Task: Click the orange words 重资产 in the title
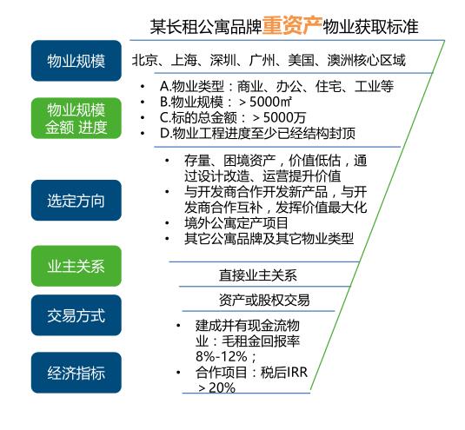click(292, 25)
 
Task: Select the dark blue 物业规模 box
click(76, 61)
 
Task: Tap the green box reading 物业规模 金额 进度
click(76, 118)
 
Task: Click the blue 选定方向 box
click(76, 201)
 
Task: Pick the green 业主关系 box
click(76, 266)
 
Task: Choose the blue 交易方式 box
click(76, 315)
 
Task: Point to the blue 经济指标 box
click(76, 373)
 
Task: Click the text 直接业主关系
click(258, 275)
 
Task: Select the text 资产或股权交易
click(264, 300)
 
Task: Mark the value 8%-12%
click(222, 356)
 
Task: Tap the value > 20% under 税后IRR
click(216, 387)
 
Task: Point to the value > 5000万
click(279, 117)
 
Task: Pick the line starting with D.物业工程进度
click(258, 134)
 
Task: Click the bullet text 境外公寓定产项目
click(236, 223)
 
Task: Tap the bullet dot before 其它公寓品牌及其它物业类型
click(167, 239)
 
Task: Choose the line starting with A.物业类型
click(276, 87)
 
